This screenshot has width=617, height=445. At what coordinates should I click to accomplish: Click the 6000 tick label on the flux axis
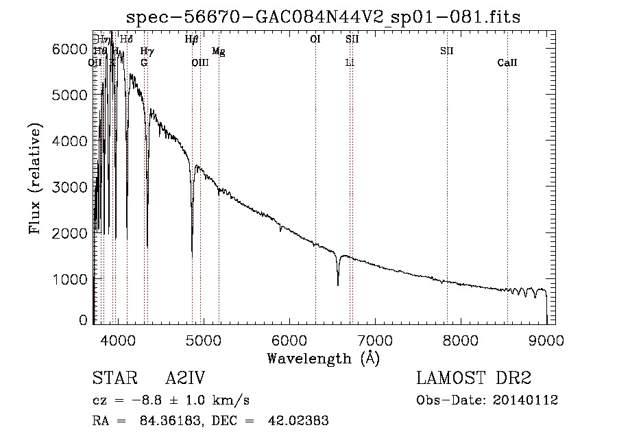71,49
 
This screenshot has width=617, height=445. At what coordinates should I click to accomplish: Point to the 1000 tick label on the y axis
71,279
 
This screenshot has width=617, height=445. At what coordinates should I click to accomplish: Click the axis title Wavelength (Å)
323,358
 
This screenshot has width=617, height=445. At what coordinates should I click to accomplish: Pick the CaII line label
507,63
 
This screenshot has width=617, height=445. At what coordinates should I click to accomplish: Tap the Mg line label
218,51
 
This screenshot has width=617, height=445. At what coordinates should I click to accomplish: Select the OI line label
315,40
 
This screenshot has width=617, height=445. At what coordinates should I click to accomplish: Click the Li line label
350,63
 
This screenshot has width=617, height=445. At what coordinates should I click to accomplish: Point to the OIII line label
199,63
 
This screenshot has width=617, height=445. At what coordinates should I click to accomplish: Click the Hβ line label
192,40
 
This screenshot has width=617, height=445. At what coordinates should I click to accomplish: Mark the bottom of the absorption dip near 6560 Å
337,285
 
